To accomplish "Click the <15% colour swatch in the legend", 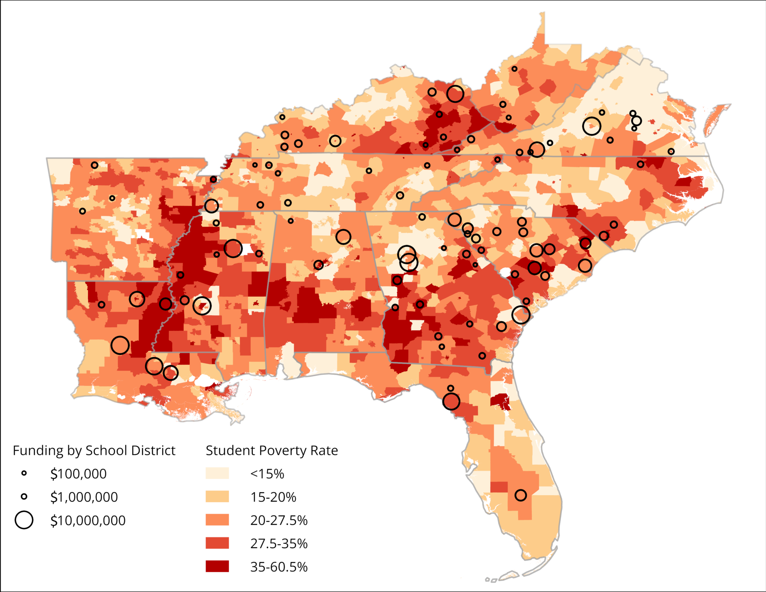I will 217,473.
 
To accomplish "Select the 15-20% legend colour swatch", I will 217,497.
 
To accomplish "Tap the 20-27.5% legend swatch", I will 217,520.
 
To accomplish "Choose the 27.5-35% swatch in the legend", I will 217,543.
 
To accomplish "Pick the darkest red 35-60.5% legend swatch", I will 217,566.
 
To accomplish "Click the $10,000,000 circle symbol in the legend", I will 24,520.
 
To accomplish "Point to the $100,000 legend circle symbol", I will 24,473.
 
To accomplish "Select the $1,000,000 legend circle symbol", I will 24,497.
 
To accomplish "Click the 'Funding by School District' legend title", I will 94,450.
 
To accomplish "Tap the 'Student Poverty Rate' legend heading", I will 272,450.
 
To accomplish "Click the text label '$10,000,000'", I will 88,520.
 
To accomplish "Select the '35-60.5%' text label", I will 279,567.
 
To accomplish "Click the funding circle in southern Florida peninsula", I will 521,495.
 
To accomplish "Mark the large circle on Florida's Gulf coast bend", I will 451,402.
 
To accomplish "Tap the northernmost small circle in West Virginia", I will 515,69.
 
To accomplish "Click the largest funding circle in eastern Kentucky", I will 455,93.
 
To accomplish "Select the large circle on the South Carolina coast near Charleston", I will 521,315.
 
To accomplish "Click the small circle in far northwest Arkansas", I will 95,165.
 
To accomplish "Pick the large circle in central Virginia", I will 592,126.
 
